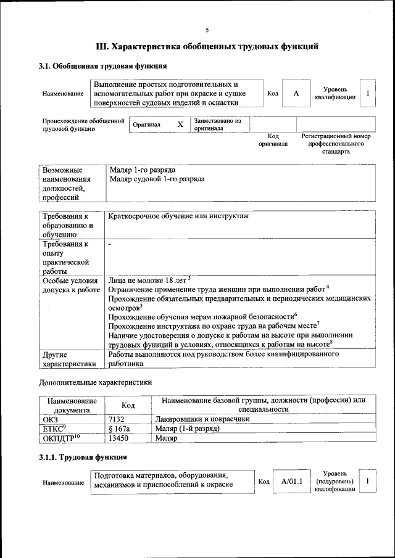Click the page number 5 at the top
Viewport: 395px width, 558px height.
[x=207, y=30]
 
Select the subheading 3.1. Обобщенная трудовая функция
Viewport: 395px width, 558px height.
[x=102, y=66]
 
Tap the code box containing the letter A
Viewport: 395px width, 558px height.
[x=296, y=93]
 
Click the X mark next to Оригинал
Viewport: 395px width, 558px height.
[x=180, y=125]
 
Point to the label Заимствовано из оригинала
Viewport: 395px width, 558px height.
[x=217, y=125]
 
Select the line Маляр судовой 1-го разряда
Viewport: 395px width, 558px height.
[x=157, y=179]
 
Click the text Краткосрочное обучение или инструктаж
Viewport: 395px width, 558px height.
[x=182, y=216]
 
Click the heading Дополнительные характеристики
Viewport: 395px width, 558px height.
[x=95, y=382]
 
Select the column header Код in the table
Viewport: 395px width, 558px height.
[x=128, y=405]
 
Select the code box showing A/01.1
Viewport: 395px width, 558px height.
[x=289, y=481]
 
